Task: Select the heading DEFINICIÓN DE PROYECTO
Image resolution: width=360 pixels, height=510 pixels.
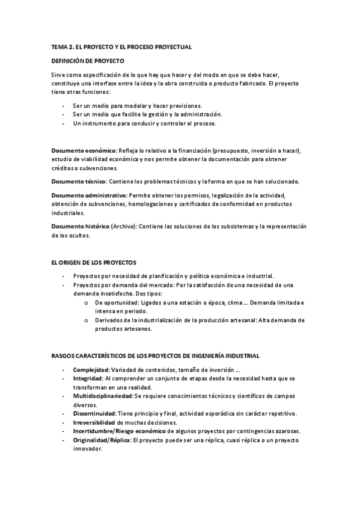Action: pyautogui.click(x=88, y=61)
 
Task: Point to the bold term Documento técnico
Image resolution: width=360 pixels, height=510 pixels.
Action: pyautogui.click(x=79, y=182)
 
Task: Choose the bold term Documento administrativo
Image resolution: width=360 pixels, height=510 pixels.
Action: pyautogui.click(x=89, y=195)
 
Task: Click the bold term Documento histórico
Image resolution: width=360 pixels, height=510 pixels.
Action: pyautogui.click(x=80, y=227)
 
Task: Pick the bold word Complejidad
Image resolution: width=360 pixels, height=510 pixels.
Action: pyautogui.click(x=91, y=369)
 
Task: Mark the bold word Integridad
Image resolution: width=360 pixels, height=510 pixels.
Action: pyautogui.click(x=88, y=378)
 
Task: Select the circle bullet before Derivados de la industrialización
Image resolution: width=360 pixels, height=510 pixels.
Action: pyautogui.click(x=87, y=321)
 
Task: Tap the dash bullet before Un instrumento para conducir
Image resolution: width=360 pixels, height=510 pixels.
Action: pyautogui.click(x=64, y=123)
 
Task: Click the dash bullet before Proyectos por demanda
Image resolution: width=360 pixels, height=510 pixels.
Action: pyautogui.click(x=64, y=284)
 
